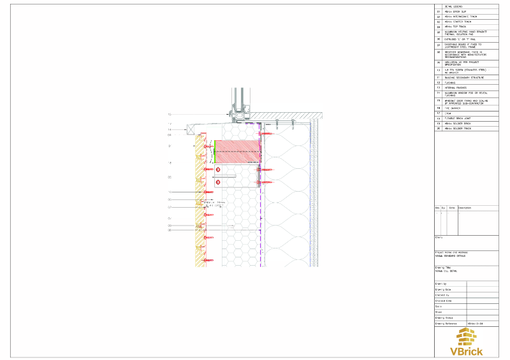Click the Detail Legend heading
[453, 6]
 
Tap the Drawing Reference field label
[447, 324]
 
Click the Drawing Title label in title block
[444, 267]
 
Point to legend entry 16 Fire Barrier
[452, 108]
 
